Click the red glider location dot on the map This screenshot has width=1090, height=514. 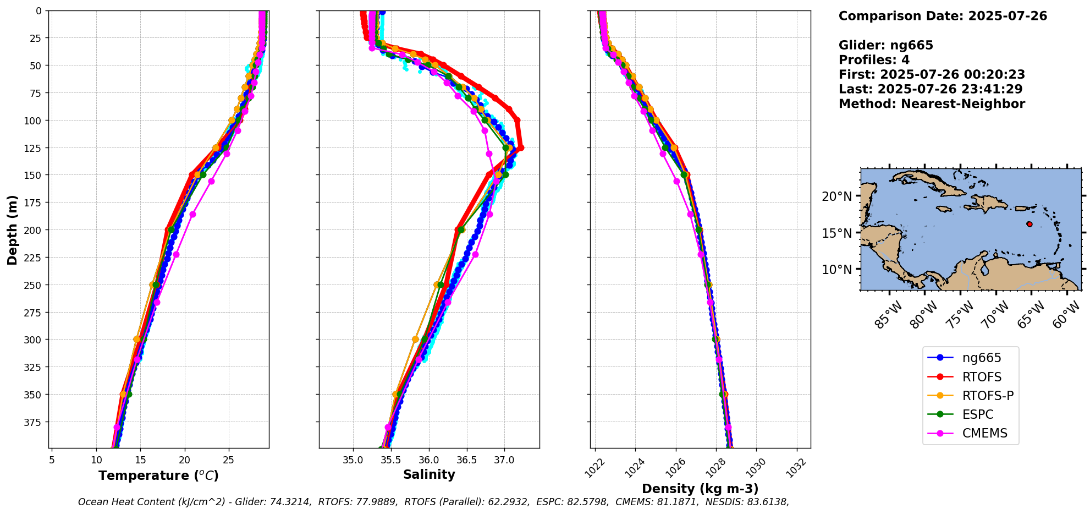[1030, 224]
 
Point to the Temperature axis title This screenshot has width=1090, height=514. [158, 475]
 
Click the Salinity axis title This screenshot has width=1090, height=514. [429, 474]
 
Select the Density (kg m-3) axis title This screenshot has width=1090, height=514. [700, 489]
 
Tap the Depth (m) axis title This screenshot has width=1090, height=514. [12, 229]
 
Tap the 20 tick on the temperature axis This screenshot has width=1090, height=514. [185, 460]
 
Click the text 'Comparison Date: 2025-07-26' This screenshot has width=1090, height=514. [943, 16]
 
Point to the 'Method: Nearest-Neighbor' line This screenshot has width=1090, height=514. [932, 104]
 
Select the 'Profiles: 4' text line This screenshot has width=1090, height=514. [874, 60]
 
